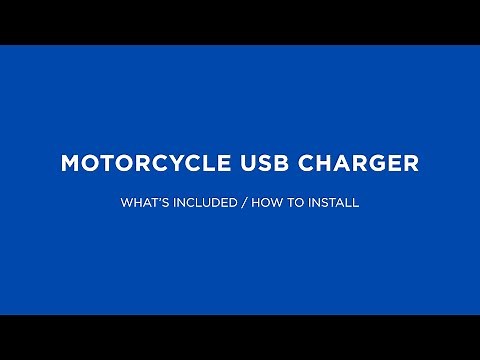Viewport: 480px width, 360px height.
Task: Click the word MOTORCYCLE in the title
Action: coord(148,164)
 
